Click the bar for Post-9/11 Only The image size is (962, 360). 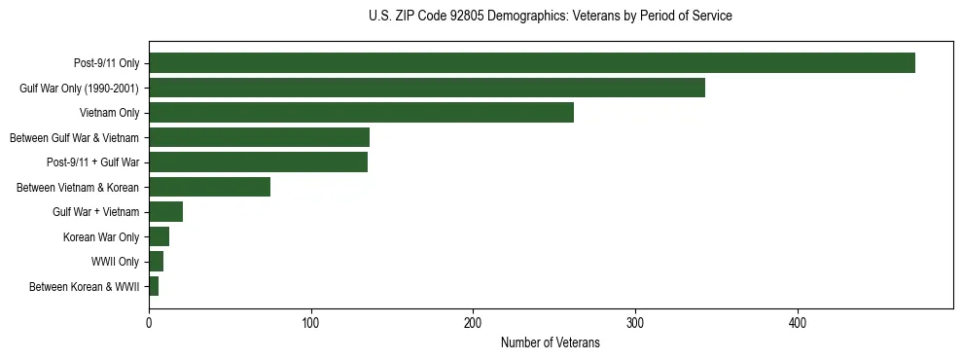pyautogui.click(x=532, y=63)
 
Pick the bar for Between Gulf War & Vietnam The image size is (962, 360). pyautogui.click(x=259, y=137)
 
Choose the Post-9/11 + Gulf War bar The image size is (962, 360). pyautogui.click(x=258, y=162)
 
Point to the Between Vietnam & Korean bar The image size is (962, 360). pyautogui.click(x=209, y=187)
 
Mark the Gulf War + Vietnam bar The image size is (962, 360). pyautogui.click(x=165, y=212)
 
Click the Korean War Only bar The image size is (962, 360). pyautogui.click(x=159, y=236)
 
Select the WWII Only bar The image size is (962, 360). pyautogui.click(x=156, y=262)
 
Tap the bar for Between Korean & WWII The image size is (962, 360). pyautogui.click(x=154, y=286)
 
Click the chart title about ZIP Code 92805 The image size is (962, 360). pyautogui.click(x=551, y=17)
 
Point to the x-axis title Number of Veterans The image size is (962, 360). pyautogui.click(x=550, y=343)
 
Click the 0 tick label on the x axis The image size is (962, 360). pyautogui.click(x=149, y=323)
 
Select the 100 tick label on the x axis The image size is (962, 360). pyautogui.click(x=311, y=323)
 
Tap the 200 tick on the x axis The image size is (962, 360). pyautogui.click(x=474, y=323)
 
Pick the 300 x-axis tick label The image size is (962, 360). pyautogui.click(x=635, y=323)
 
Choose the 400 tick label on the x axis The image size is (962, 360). pyautogui.click(x=798, y=323)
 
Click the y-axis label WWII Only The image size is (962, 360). pyautogui.click(x=115, y=262)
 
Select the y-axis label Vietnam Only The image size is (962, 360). pyautogui.click(x=109, y=113)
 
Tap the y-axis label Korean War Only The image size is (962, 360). pyautogui.click(x=101, y=236)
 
